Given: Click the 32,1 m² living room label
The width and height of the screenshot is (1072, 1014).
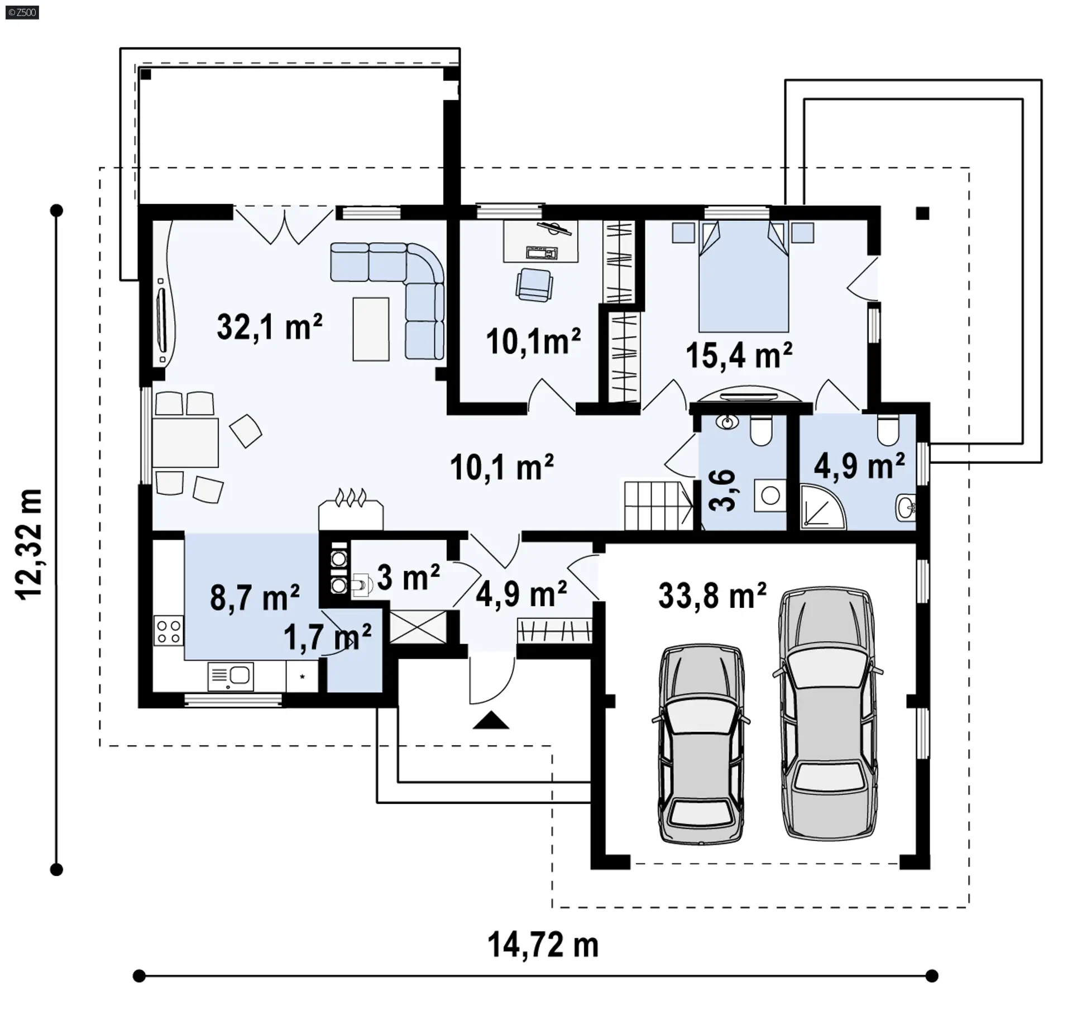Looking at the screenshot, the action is tap(270, 327).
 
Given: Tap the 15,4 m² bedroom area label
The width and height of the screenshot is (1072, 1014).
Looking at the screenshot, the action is tap(739, 355).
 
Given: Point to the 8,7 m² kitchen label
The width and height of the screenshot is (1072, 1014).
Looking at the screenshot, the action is tap(255, 597).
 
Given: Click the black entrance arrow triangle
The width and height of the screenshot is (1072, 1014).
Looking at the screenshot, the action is tap(491, 720).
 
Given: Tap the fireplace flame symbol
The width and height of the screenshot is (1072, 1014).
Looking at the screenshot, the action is tap(351, 497).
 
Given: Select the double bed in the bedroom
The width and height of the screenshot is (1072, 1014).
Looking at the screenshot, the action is tap(744, 277).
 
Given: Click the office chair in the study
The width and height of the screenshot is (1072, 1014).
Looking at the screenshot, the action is tap(534, 285).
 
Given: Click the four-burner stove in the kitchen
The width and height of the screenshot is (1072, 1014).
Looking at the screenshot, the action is tap(169, 631).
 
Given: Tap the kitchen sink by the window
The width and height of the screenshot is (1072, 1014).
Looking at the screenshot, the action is tap(231, 677).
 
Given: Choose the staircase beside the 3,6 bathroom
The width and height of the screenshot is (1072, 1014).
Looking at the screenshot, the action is tap(658, 506).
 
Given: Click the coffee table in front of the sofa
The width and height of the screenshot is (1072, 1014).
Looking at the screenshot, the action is tap(371, 329).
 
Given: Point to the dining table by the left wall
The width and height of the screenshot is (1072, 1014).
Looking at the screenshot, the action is tap(185, 442).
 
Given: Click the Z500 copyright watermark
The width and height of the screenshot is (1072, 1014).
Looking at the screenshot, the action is tap(22, 12).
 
